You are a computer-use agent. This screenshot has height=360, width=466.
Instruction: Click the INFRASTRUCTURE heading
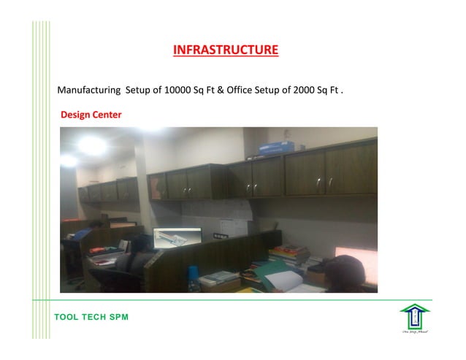pyautogui.click(x=226, y=50)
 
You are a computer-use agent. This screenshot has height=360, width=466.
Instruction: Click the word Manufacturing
pyautogui.click(x=89, y=91)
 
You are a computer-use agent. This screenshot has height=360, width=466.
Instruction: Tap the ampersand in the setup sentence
pyautogui.click(x=221, y=91)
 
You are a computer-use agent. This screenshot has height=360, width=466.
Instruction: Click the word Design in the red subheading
pyautogui.click(x=75, y=115)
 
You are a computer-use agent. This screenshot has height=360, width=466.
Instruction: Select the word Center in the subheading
pyautogui.click(x=107, y=115)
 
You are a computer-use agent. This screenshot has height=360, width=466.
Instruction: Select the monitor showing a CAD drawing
pyautogui.click(x=177, y=240)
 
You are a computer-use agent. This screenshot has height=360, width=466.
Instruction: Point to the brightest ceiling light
pyautogui.click(x=91, y=145)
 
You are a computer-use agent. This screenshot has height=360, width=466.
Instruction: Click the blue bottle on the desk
pyautogui.click(x=193, y=274)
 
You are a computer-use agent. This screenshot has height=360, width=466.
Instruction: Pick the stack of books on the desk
pyautogui.click(x=289, y=256)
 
